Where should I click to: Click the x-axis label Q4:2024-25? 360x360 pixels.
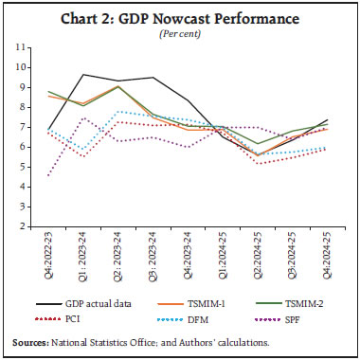pos(328,257)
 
